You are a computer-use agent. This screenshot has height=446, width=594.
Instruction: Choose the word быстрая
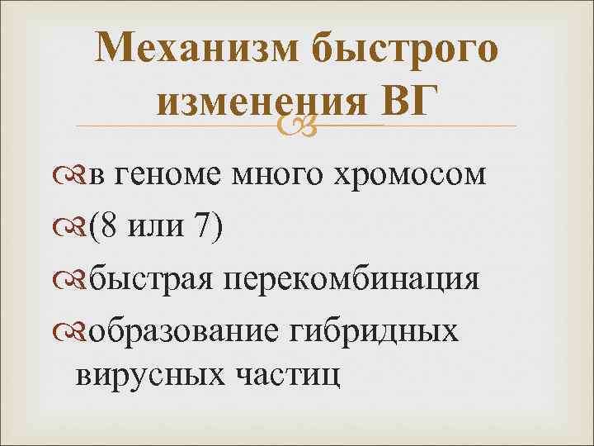[153, 277]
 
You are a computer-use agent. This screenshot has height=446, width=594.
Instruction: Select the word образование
[186, 328]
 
